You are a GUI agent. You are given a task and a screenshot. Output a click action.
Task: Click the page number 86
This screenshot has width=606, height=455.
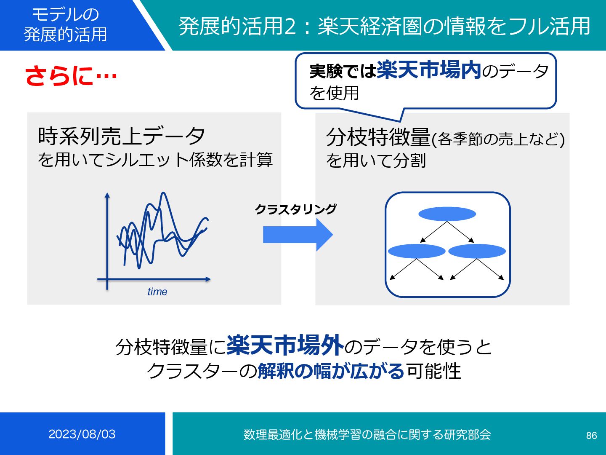pos(591,435)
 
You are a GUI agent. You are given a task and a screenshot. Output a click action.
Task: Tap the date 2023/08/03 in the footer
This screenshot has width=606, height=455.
pos(82,434)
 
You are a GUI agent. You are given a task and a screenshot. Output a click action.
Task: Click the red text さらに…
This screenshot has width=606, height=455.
pos(71,76)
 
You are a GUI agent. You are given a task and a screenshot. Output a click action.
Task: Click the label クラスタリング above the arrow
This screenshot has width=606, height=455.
pos(295,209)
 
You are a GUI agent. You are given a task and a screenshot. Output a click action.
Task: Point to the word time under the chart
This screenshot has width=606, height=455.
pos(157,292)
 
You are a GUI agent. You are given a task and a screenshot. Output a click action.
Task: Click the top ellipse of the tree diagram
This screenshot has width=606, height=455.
pos(447,214)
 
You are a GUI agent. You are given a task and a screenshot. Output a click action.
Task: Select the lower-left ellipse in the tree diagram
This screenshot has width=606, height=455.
pos(416,251)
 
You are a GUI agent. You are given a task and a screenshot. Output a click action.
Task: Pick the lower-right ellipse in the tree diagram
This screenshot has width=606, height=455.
pos(477,251)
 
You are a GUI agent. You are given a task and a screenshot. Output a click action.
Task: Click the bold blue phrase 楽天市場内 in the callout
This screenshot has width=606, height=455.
pos(429,70)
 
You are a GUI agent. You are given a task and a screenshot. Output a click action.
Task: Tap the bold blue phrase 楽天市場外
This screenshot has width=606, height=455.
pos(285,346)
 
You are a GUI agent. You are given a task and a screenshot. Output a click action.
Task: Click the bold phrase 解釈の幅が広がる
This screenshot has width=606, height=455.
pos(331,371)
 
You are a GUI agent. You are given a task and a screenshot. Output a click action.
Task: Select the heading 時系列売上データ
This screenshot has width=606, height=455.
pos(121,136)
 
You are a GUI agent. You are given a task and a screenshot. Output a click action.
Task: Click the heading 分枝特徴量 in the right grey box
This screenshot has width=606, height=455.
pos(378,137)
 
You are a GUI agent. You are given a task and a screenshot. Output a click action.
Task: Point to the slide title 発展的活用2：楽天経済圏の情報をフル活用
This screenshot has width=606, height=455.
pos(385,26)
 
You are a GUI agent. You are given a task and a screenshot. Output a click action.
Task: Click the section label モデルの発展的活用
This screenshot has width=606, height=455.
pos(65,24)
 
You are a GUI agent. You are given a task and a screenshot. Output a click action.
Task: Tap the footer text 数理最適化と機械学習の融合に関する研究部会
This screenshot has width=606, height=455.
pos(367,434)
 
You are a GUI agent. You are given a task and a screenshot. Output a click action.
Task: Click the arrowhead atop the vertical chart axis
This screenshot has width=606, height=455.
pos(107,195)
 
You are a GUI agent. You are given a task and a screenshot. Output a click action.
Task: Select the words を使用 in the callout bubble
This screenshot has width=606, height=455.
pos(335,93)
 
